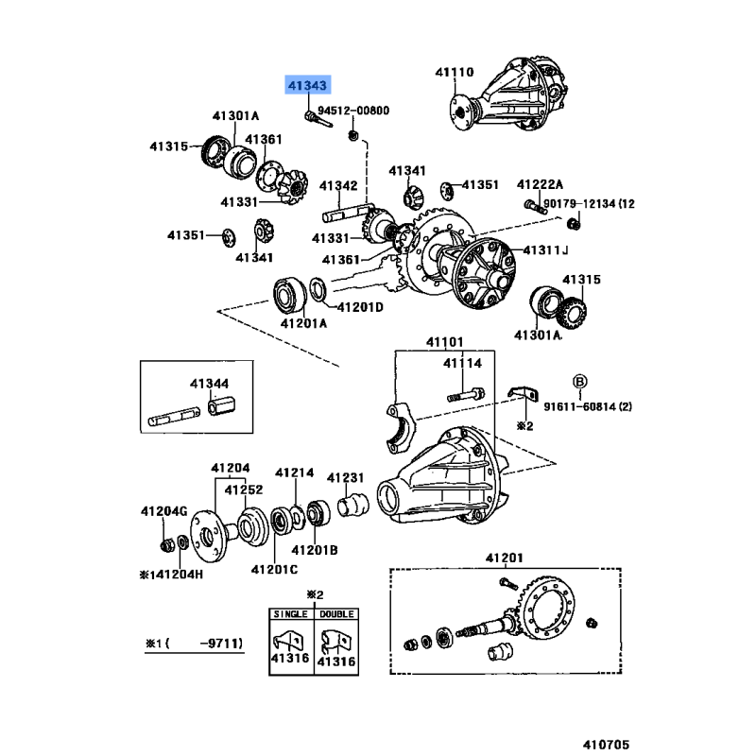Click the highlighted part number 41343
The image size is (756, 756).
click(x=308, y=86)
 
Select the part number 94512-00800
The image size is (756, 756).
click(x=352, y=112)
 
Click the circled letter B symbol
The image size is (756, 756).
click(x=581, y=381)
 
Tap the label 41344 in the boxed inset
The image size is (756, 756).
click(x=209, y=384)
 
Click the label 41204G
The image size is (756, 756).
click(x=164, y=511)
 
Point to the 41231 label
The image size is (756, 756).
click(x=346, y=478)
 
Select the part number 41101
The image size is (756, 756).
click(x=444, y=342)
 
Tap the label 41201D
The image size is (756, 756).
click(x=361, y=307)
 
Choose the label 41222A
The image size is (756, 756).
click(x=540, y=184)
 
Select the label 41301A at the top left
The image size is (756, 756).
click(x=234, y=116)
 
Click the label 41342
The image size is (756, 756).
click(x=338, y=185)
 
